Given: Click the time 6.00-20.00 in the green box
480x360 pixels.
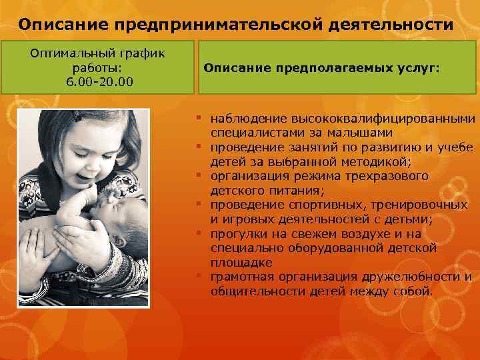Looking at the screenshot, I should coord(99,80).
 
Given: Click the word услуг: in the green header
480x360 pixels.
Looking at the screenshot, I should coord(417,67).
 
